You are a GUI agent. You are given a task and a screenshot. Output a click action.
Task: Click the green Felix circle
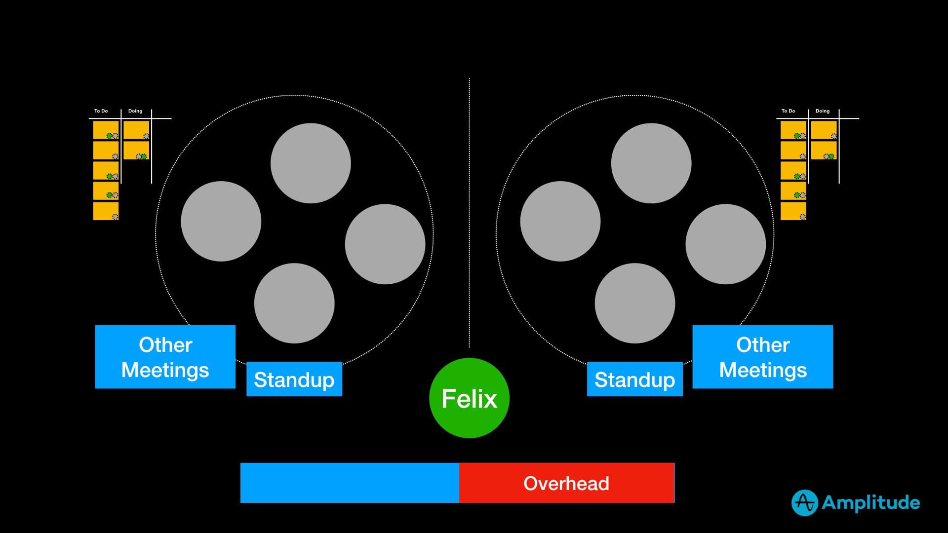(469, 398)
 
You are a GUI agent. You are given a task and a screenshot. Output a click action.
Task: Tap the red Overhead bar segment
(566, 483)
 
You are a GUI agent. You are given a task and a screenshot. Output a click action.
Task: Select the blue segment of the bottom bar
(350, 483)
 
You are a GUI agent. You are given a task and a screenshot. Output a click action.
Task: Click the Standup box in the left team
(294, 379)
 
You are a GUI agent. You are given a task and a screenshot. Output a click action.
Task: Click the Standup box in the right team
(634, 379)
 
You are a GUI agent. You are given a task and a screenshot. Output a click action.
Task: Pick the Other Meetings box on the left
(165, 357)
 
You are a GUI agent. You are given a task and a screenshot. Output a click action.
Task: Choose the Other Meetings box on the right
(762, 357)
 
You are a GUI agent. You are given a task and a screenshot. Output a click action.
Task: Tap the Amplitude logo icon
(804, 503)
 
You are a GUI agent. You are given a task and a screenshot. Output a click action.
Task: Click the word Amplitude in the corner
(870, 503)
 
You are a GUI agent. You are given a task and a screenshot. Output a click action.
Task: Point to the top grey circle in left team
(311, 163)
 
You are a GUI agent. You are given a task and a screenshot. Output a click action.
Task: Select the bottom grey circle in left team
(294, 303)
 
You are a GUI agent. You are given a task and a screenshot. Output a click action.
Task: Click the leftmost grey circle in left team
(221, 221)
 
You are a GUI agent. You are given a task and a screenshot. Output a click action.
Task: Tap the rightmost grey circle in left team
(385, 244)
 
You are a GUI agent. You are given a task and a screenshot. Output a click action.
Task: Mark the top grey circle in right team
(651, 163)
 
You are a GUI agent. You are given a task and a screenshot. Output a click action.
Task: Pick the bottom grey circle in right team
(634, 303)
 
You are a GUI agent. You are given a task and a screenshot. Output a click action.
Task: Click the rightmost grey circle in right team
(725, 244)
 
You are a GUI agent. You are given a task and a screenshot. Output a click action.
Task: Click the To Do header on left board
(101, 111)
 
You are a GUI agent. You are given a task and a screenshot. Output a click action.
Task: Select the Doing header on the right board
(823, 111)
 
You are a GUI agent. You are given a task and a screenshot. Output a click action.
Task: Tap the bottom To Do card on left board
(106, 211)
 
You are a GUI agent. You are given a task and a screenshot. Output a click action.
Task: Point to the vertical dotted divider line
(469, 212)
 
